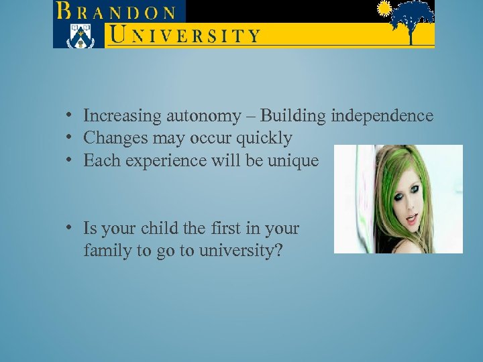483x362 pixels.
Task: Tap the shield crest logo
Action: click(78, 35)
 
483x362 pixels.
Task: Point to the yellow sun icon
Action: click(384, 9)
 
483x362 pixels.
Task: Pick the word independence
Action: click(382, 116)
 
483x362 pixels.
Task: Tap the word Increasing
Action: click(123, 116)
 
